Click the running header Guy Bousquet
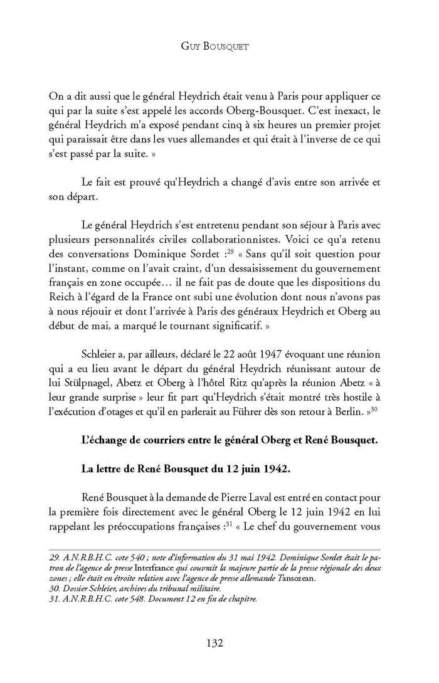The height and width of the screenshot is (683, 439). [219, 46]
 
